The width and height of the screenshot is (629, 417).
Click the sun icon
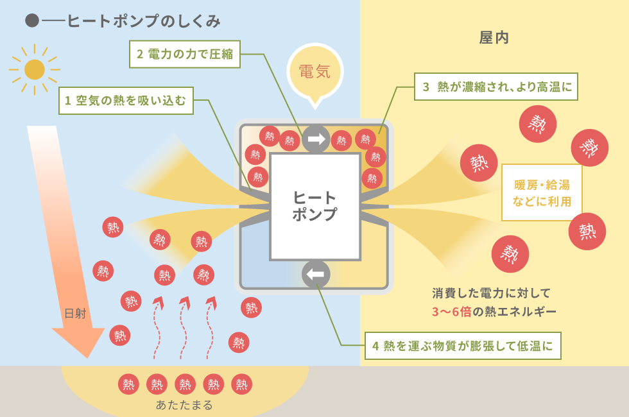[35, 70]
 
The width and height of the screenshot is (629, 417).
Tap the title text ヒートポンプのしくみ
[144, 21]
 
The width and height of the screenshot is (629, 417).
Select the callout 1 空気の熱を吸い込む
[126, 101]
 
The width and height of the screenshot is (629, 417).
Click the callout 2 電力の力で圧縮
[185, 54]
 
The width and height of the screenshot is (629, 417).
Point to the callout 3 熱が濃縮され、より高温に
[495, 87]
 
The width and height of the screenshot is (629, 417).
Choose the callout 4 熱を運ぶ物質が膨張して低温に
[463, 346]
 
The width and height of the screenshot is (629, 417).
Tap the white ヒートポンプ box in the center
[315, 207]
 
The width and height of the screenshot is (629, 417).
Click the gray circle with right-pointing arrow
[316, 139]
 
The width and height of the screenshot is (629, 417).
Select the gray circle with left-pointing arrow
[316, 275]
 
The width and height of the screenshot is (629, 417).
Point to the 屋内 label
[494, 38]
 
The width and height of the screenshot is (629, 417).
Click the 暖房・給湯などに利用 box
[542, 192]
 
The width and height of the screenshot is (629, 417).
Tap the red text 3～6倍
[451, 312]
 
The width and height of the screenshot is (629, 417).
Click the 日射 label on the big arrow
[76, 313]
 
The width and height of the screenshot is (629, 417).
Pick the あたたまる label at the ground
[184, 405]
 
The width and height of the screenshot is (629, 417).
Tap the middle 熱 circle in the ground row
[185, 384]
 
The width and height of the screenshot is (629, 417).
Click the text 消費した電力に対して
[492, 293]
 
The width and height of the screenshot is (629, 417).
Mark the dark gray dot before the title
[32, 21]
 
